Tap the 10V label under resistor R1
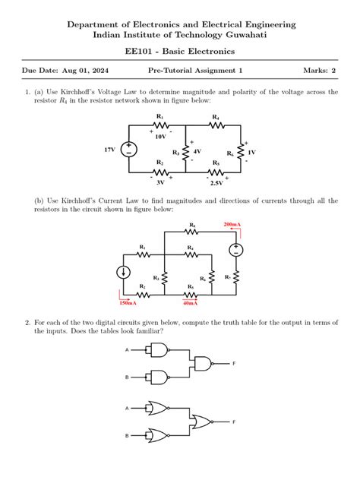click(160, 137)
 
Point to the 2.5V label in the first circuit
click(216, 183)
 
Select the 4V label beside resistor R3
click(197, 152)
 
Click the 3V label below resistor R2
click(160, 183)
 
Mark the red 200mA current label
click(232, 226)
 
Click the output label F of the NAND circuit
click(235, 364)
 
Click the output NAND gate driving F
click(206, 363)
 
